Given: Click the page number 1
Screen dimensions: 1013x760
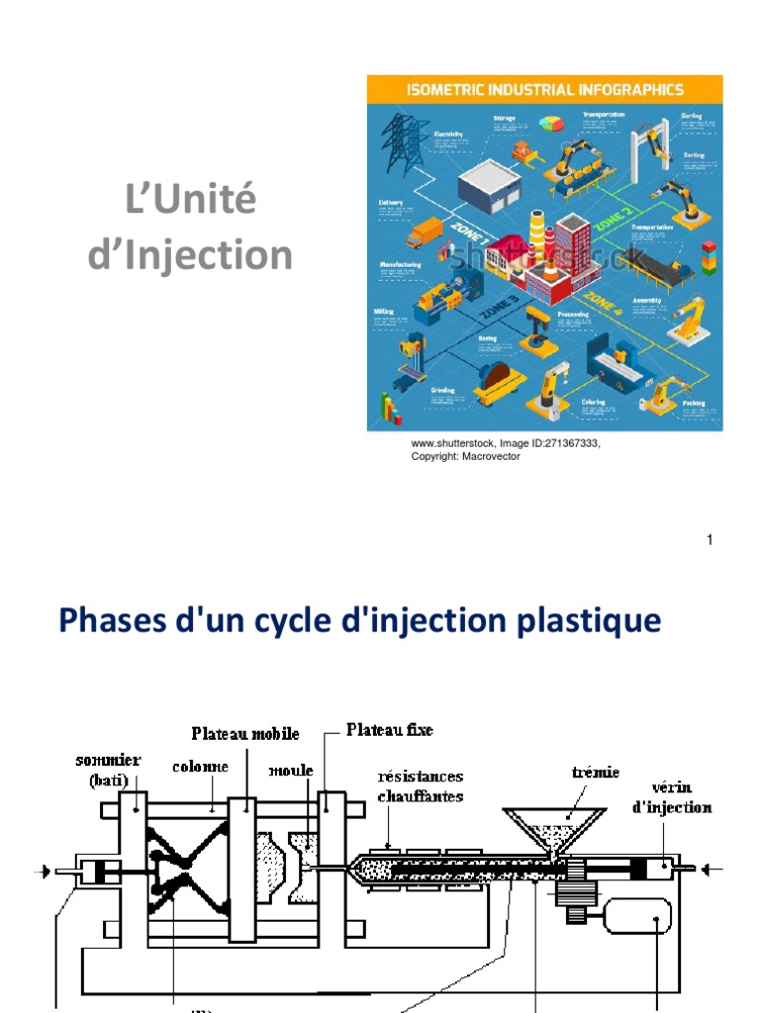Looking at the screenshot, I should coord(711,539).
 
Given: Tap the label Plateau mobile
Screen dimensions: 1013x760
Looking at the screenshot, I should coord(244,734).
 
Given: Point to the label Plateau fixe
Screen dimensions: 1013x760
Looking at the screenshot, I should coord(389,730).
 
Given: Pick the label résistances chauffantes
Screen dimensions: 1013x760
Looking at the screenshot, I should coord(420,785).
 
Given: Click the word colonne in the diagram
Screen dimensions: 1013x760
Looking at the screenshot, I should coord(201,766).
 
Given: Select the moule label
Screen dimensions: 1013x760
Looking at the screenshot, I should coord(294,770).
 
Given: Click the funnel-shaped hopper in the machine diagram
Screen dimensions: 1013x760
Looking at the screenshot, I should coord(553,829).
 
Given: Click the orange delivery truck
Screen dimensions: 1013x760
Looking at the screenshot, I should coord(426,232).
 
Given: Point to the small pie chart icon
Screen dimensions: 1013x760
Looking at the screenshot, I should coord(551,124).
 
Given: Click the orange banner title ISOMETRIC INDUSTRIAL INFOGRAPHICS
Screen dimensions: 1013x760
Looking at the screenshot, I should coord(544,90).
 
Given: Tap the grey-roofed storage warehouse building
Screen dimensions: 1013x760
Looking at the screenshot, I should coord(485,184).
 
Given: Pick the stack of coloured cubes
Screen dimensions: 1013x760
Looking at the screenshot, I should coord(709,257).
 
